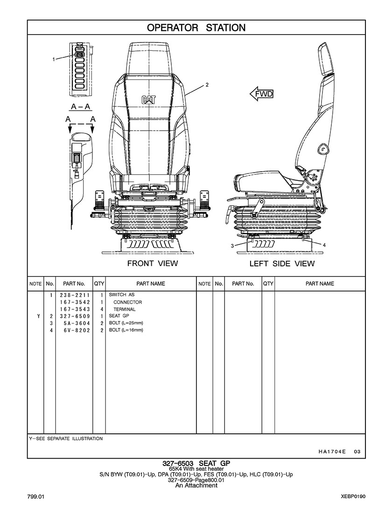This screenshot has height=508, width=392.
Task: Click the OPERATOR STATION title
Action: pyautogui.click(x=196, y=28)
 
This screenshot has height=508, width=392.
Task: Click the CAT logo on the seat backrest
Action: pyautogui.click(x=149, y=99)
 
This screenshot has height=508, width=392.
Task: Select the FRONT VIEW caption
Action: pyautogui.click(x=153, y=264)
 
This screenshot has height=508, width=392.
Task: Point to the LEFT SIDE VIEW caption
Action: pyautogui.click(x=282, y=264)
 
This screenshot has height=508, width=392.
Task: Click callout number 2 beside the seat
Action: pyautogui.click(x=206, y=85)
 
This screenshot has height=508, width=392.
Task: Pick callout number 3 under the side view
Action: pyautogui.click(x=232, y=245)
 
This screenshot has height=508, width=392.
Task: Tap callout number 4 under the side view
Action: pyautogui.click(x=324, y=245)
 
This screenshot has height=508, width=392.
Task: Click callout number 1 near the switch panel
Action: pyautogui.click(x=54, y=59)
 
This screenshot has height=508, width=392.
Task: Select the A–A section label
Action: pyautogui.click(x=80, y=106)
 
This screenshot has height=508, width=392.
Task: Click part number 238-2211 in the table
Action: pyautogui.click(x=74, y=295)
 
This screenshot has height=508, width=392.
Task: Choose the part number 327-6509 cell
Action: pyautogui.click(x=74, y=316)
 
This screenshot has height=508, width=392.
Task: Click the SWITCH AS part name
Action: pyautogui.click(x=121, y=295)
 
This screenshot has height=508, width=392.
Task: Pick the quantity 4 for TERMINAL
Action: pyautogui.click(x=101, y=309)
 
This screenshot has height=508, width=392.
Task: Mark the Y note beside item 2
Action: pyautogui.click(x=38, y=316)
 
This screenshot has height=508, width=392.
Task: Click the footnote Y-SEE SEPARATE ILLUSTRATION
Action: pyautogui.click(x=66, y=438)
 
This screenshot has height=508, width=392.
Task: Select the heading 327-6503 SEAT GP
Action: pyautogui.click(x=196, y=463)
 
